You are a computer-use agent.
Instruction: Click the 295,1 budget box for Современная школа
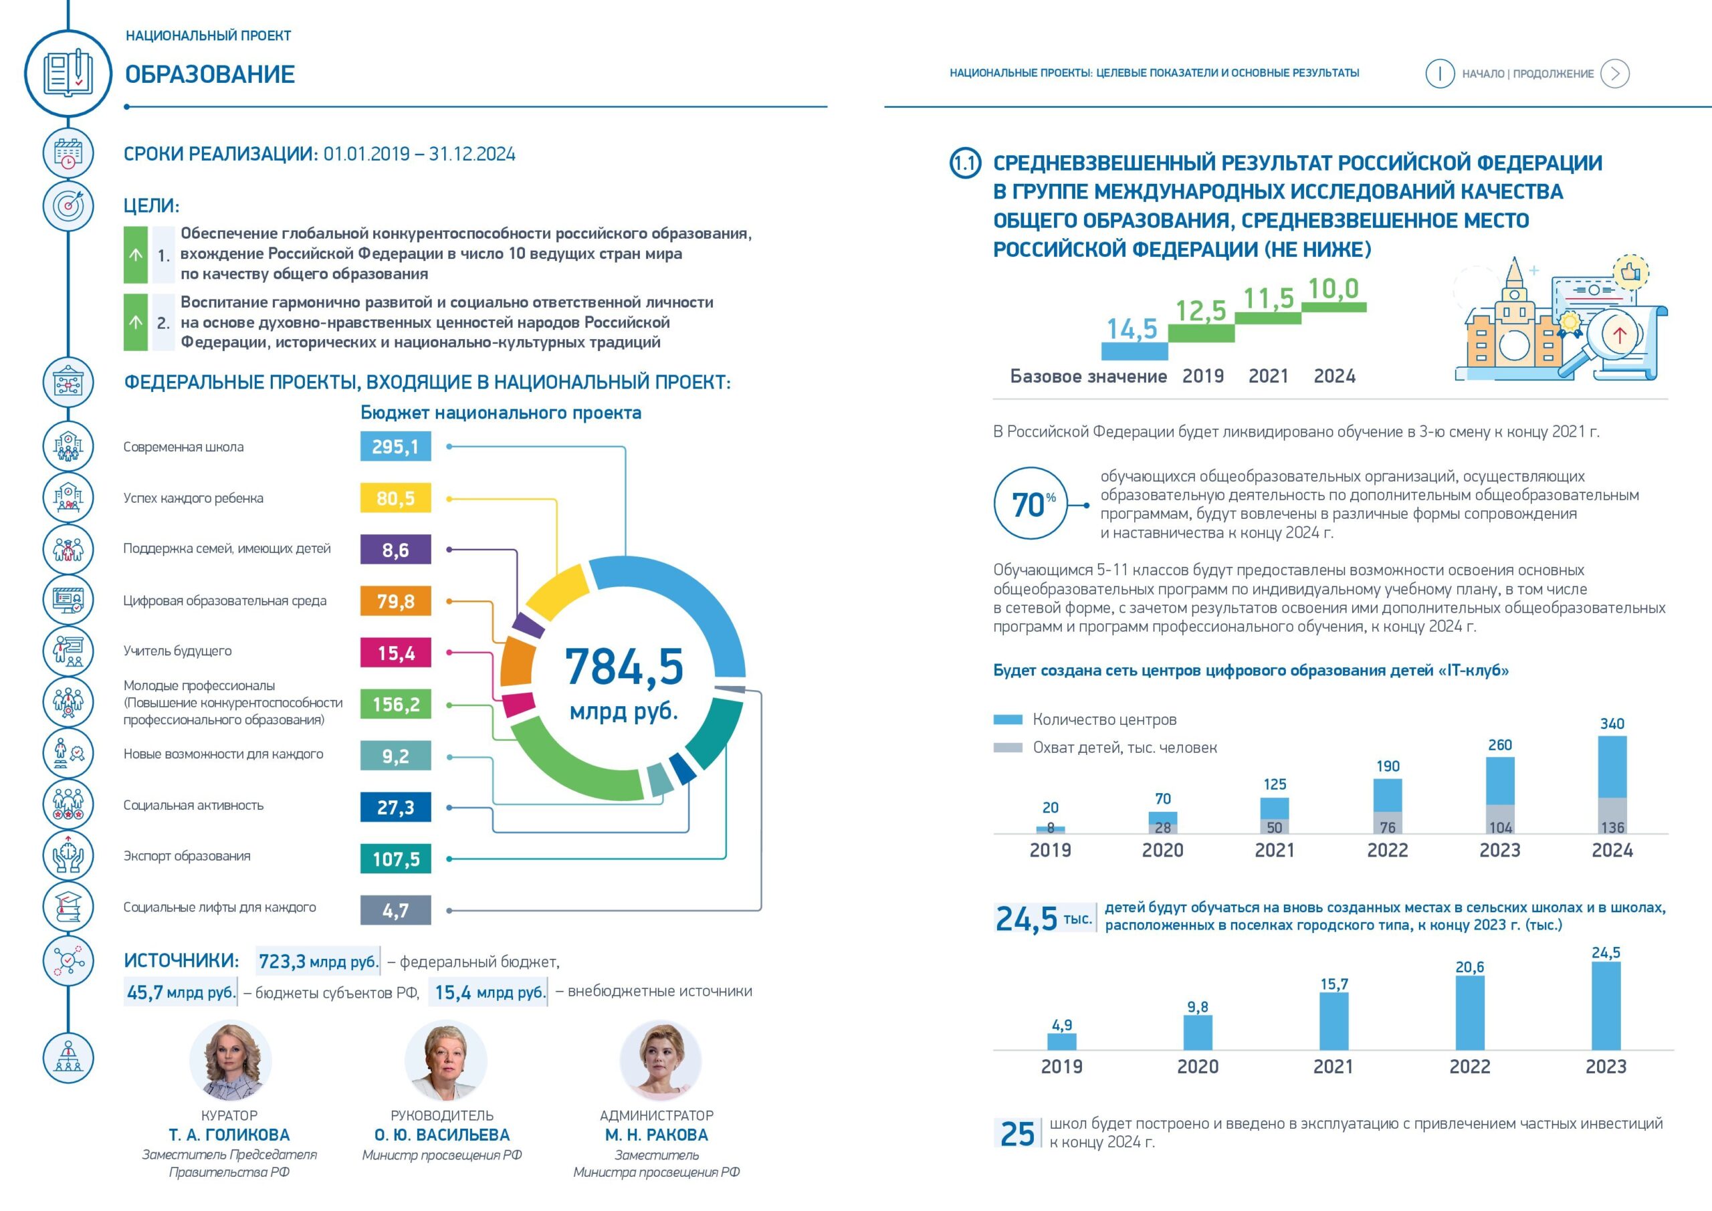395,447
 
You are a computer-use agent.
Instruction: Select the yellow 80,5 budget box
395,498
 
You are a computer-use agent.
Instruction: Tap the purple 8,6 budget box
395,550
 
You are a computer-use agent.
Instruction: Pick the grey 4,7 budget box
395,911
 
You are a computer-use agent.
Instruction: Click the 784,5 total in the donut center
624,667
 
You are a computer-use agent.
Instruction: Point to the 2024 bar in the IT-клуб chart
1612,784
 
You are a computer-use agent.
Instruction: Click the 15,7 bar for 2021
1334,1021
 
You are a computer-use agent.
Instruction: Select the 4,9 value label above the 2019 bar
1062,1025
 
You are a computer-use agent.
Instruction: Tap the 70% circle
1031,504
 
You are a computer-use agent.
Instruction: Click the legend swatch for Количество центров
1008,720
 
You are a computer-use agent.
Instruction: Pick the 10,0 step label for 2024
1333,289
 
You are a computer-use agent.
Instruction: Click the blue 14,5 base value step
1134,351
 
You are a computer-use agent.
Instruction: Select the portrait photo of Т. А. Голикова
231,1061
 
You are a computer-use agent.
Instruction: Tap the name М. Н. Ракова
657,1135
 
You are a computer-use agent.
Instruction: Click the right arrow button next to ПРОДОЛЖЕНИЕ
1615,73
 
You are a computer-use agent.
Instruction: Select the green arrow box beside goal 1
136,255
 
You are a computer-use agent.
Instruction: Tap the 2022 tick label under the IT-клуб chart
1388,850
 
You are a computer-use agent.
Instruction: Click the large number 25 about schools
1017,1133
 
